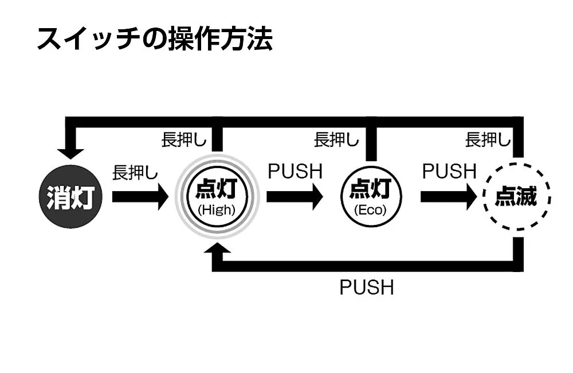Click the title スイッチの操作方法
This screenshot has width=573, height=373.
pos(154,39)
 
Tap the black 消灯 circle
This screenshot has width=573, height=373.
pos(70,197)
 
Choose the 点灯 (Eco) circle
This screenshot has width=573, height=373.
pos(370,197)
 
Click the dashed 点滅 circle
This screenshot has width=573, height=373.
pos(516,197)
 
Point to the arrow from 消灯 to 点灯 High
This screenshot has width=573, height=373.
pos(140,197)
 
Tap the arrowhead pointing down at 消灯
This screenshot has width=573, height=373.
pos(70,153)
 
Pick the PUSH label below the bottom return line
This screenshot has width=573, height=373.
pos(367,287)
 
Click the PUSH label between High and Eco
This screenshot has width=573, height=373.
pos(295,171)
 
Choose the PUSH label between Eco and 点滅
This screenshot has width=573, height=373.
pos(449,171)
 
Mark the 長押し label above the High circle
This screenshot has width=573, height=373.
pos(184,139)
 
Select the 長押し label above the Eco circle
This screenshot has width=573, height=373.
pos(336,139)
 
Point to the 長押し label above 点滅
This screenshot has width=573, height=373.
pos(488,139)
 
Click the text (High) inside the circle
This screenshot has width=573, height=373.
pos(217,210)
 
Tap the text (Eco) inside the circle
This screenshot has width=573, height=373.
pos(370,210)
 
